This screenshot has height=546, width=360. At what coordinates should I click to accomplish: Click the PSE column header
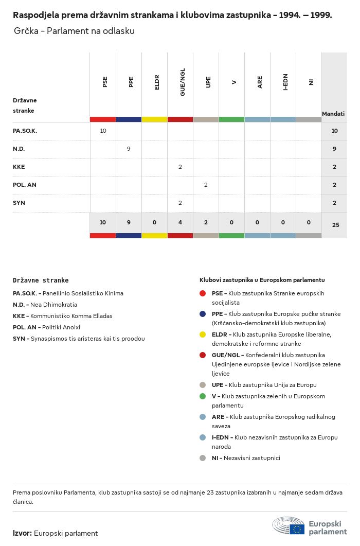(105, 82)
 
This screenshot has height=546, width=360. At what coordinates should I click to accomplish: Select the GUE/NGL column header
(183, 82)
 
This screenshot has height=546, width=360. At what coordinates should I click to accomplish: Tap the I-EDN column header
(285, 82)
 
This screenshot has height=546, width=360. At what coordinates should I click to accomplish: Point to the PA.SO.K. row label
(25, 131)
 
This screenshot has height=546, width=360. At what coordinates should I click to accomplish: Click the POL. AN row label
(25, 185)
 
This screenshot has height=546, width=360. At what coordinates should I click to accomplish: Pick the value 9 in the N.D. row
(129, 149)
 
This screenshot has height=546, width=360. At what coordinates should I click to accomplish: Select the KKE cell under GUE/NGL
(180, 167)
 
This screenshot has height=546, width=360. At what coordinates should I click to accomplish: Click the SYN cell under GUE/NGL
(180, 203)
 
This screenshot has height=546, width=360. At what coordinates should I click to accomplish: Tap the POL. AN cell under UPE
(206, 185)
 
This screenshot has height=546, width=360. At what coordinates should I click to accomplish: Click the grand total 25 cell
(335, 225)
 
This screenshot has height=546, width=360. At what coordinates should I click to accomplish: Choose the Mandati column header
(333, 114)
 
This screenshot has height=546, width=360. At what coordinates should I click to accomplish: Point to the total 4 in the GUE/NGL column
(180, 222)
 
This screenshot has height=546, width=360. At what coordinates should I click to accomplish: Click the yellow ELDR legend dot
(203, 334)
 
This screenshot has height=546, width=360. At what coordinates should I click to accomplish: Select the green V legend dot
(203, 396)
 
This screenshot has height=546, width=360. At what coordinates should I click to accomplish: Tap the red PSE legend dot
(203, 293)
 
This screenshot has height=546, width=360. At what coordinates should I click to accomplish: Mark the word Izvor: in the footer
(23, 533)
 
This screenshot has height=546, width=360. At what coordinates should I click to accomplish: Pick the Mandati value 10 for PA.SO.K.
(334, 131)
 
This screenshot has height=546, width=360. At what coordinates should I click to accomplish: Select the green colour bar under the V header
(231, 119)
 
